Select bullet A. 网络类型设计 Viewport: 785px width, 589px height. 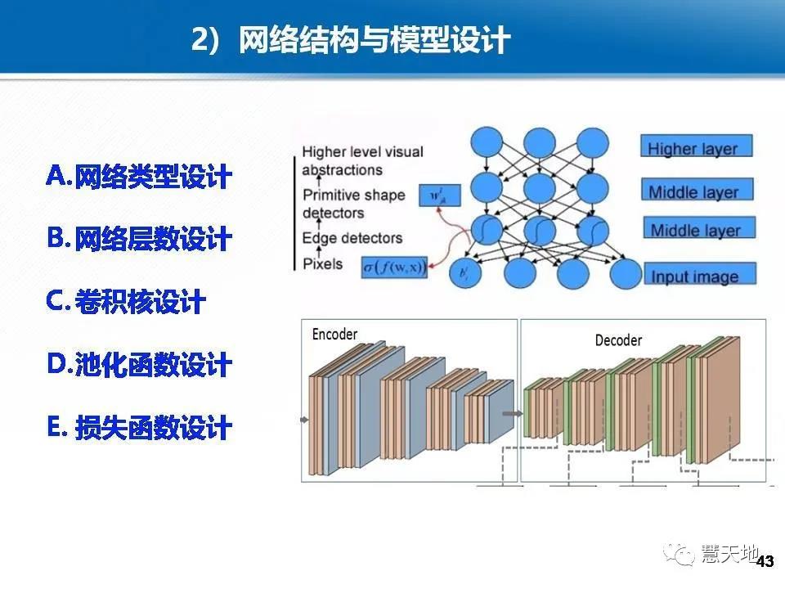(139, 176)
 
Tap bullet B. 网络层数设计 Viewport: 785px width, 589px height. (139, 239)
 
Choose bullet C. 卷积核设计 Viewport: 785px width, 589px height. (126, 302)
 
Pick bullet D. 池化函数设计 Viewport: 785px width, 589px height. (139, 365)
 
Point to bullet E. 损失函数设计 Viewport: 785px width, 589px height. (139, 427)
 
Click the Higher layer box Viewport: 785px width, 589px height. (696, 148)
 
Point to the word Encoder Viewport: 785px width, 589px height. (334, 334)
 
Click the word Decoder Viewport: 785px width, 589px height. (618, 339)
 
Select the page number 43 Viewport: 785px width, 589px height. (765, 562)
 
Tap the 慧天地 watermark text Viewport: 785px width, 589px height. (730, 554)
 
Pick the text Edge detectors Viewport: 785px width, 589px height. (352, 238)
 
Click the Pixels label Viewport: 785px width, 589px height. (322, 264)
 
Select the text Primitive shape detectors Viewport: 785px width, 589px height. (353, 204)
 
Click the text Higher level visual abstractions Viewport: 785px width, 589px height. (364, 160)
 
